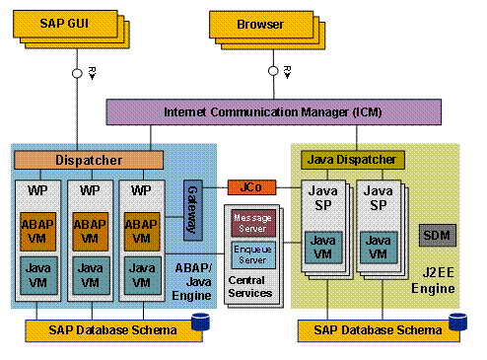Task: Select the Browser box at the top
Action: point(257,22)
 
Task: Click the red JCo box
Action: point(246,185)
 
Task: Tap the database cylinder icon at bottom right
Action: point(456,323)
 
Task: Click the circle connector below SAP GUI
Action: point(75,73)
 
